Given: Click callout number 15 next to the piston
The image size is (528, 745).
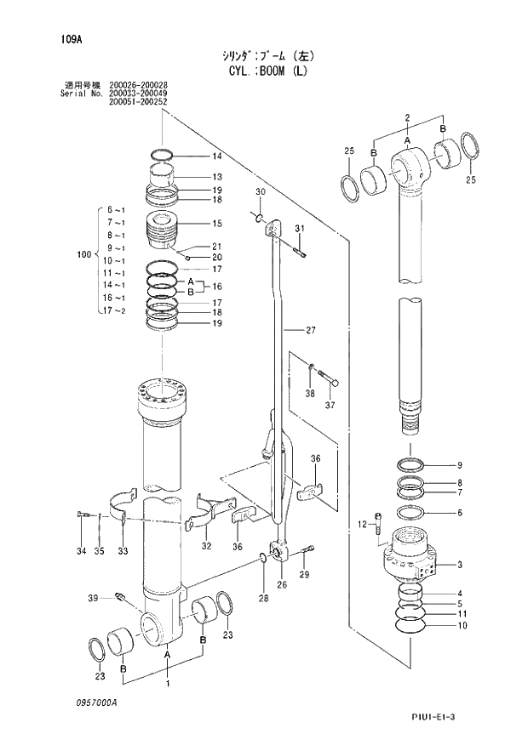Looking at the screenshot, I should point(217,224).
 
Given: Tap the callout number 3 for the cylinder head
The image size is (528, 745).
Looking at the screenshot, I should point(460,565).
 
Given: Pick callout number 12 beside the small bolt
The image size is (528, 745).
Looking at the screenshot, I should point(362,524).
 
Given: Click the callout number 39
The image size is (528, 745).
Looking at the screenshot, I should point(93,599).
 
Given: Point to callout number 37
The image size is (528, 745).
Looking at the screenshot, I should point(331,404).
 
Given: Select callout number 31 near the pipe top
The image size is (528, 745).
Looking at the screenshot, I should point(299,229).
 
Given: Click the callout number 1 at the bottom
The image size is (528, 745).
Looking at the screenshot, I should point(168,683).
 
